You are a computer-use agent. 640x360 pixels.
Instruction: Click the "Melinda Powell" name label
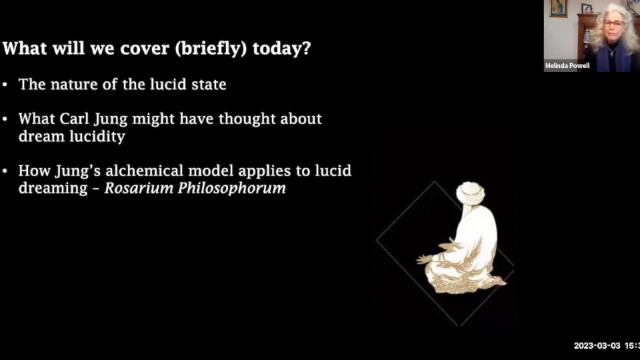[x=566, y=66]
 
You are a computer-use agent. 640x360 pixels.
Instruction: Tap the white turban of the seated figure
[x=470, y=192]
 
